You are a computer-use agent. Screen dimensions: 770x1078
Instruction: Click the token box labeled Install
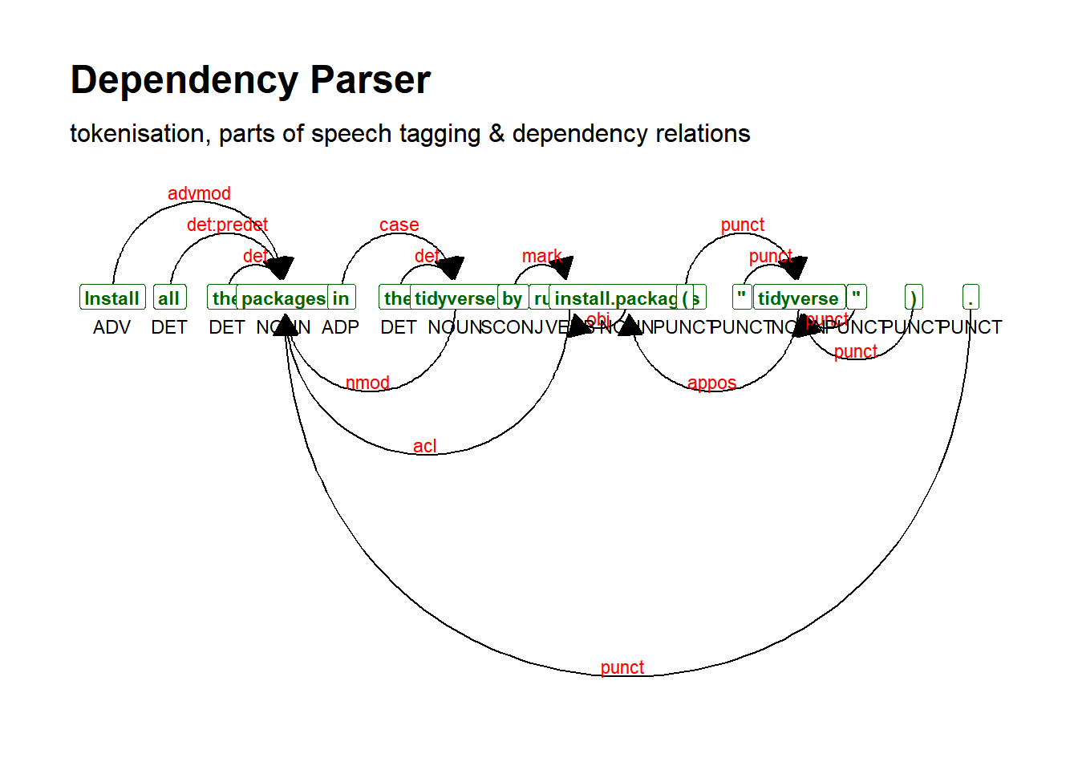click(112, 298)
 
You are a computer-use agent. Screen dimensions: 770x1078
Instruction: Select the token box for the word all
click(169, 298)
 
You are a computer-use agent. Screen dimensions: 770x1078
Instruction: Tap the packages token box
click(283, 298)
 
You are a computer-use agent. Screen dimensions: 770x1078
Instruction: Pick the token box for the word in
click(342, 298)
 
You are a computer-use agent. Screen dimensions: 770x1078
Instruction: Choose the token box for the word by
click(513, 298)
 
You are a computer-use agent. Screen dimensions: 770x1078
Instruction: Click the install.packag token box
click(614, 298)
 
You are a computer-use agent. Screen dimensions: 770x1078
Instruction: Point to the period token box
click(971, 298)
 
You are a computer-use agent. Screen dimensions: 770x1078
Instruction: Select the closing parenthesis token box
click(914, 298)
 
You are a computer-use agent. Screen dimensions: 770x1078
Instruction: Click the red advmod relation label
click(199, 193)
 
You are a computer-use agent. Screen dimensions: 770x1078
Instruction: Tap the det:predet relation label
click(227, 225)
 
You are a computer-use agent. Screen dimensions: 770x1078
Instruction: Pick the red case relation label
click(399, 225)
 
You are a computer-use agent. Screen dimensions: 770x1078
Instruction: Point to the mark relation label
click(542, 256)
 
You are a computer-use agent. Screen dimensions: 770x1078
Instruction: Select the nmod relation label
click(367, 383)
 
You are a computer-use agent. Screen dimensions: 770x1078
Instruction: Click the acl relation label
click(425, 446)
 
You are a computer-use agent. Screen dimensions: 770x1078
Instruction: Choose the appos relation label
click(711, 383)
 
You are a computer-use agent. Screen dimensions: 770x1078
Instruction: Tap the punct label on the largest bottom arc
click(622, 667)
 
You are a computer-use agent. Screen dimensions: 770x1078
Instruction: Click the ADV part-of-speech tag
click(111, 327)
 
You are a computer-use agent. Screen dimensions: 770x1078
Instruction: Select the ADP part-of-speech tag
click(340, 327)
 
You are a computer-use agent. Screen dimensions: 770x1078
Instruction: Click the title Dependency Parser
click(250, 80)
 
